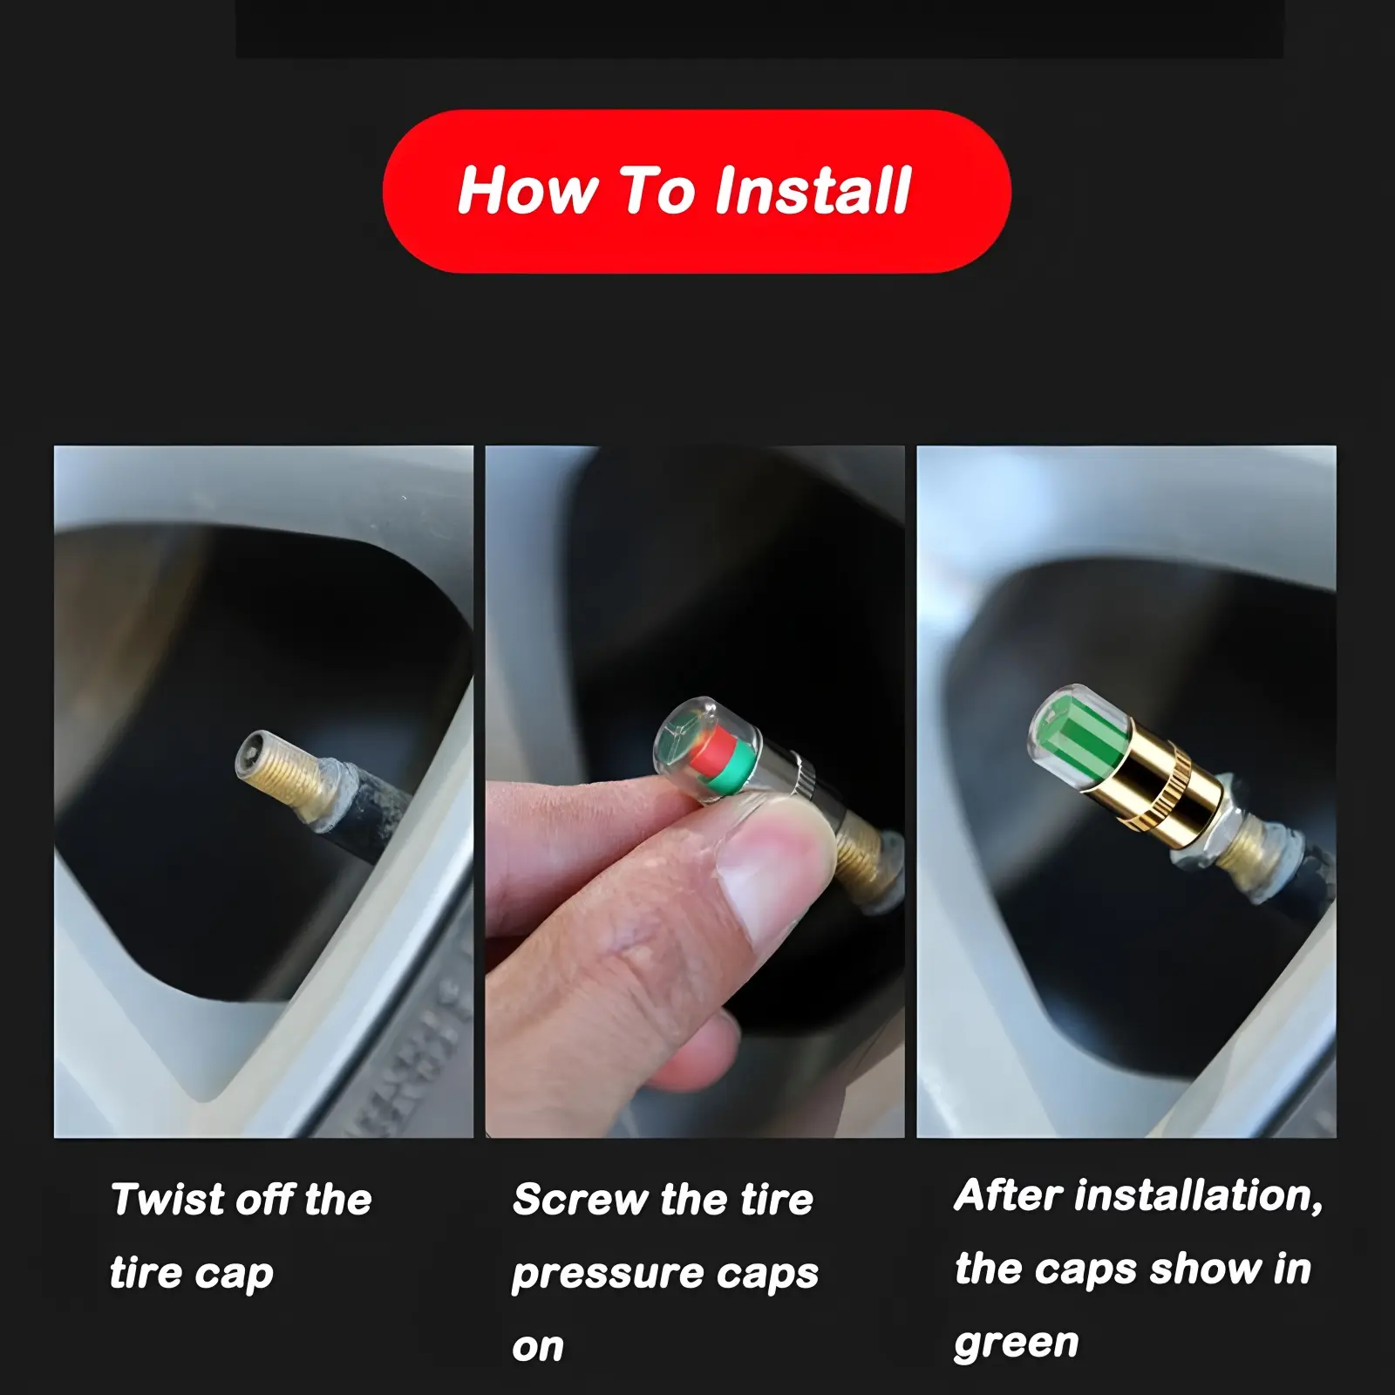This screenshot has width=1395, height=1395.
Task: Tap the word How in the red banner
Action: coord(526,191)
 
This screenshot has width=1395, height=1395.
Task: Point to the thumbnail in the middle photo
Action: coord(767,863)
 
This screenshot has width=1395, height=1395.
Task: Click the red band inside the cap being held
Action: coord(713,751)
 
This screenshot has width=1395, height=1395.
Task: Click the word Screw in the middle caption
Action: coord(582,1200)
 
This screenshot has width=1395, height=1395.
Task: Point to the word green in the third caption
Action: coord(1017,1345)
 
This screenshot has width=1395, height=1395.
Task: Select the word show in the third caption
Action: coord(1206,1269)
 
